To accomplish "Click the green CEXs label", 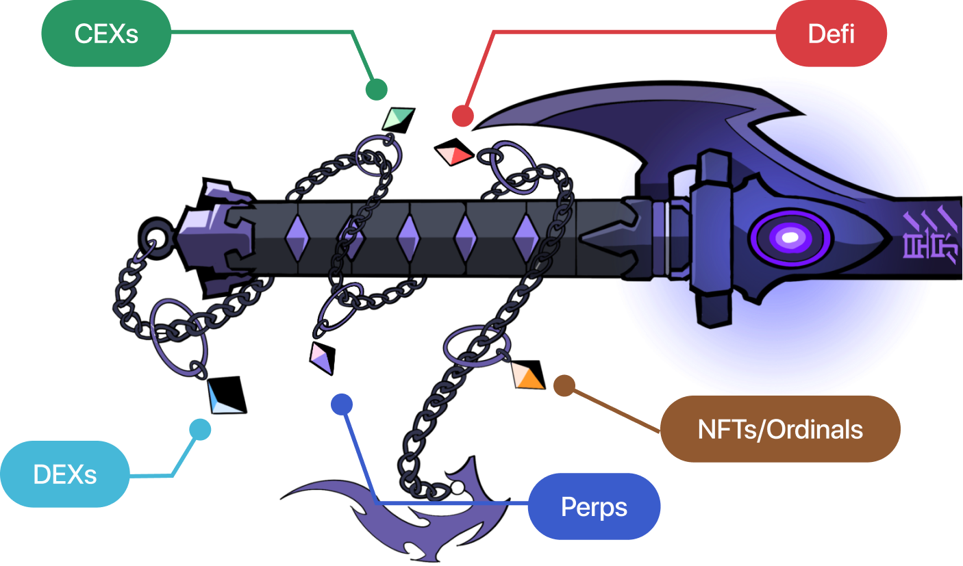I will click(x=106, y=34).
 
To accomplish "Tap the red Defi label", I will click(x=831, y=34).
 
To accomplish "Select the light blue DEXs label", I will click(x=65, y=474).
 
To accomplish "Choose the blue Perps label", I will click(x=594, y=506).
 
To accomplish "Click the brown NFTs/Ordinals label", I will click(x=780, y=429).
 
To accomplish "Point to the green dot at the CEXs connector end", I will click(x=376, y=89).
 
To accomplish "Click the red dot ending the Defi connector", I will click(x=463, y=116).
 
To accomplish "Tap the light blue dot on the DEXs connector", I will click(x=200, y=429).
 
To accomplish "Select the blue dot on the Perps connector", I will click(x=341, y=404).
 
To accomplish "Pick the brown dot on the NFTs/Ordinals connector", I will click(x=564, y=385).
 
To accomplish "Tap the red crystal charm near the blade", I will click(x=454, y=156).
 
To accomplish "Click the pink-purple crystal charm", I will click(x=321, y=358).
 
